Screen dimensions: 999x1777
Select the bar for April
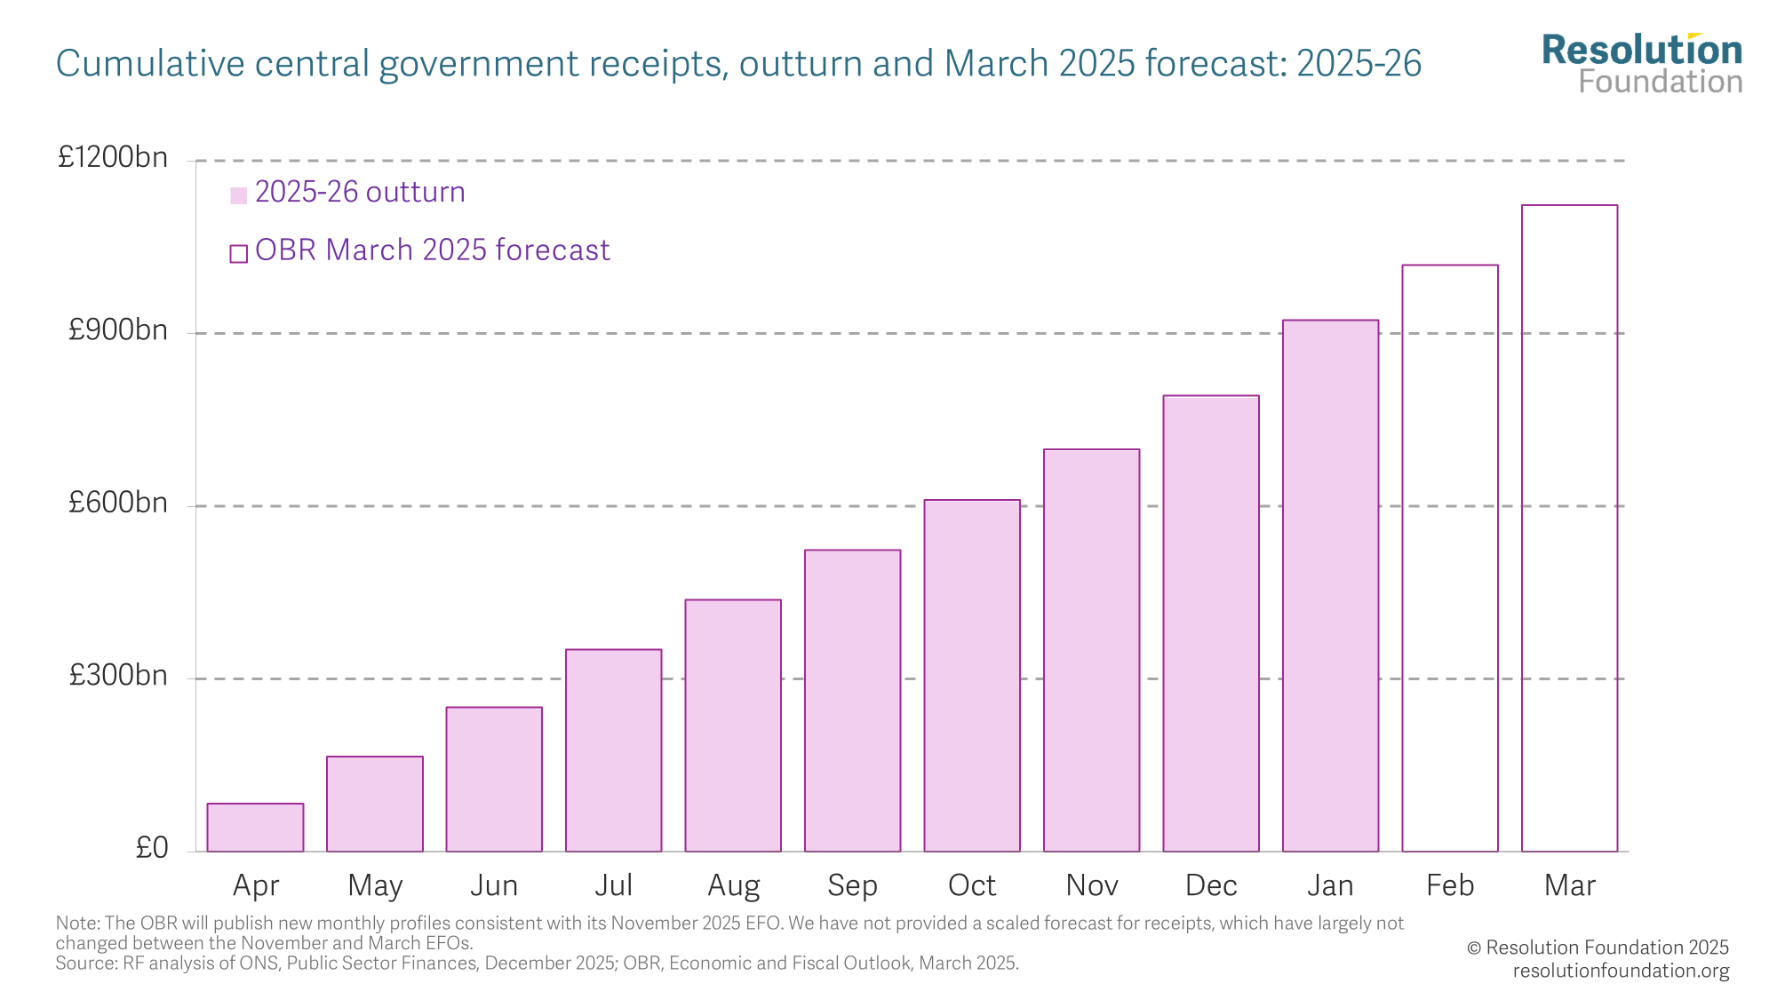pos(255,828)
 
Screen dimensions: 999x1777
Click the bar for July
pos(613,750)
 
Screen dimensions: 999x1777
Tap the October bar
pos(972,676)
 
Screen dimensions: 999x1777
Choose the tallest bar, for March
pos(1569,528)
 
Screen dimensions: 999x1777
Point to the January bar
pos(1330,586)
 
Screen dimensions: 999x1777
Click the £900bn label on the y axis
pos(118,330)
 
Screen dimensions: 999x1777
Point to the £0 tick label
pos(151,848)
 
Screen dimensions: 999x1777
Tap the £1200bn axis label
pos(113,157)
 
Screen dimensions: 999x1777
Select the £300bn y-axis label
pos(118,676)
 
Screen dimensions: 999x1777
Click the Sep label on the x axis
pos(852,885)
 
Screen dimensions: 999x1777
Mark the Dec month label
pos(1211,885)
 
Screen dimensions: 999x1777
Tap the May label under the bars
pos(375,885)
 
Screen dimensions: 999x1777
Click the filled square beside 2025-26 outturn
pos(238,195)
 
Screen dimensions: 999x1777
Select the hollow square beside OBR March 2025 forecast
pos(238,254)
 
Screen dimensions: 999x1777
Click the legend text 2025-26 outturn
pos(360,193)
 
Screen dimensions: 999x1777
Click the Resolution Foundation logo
pos(1642,64)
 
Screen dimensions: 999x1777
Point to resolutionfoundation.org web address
pos(1621,971)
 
